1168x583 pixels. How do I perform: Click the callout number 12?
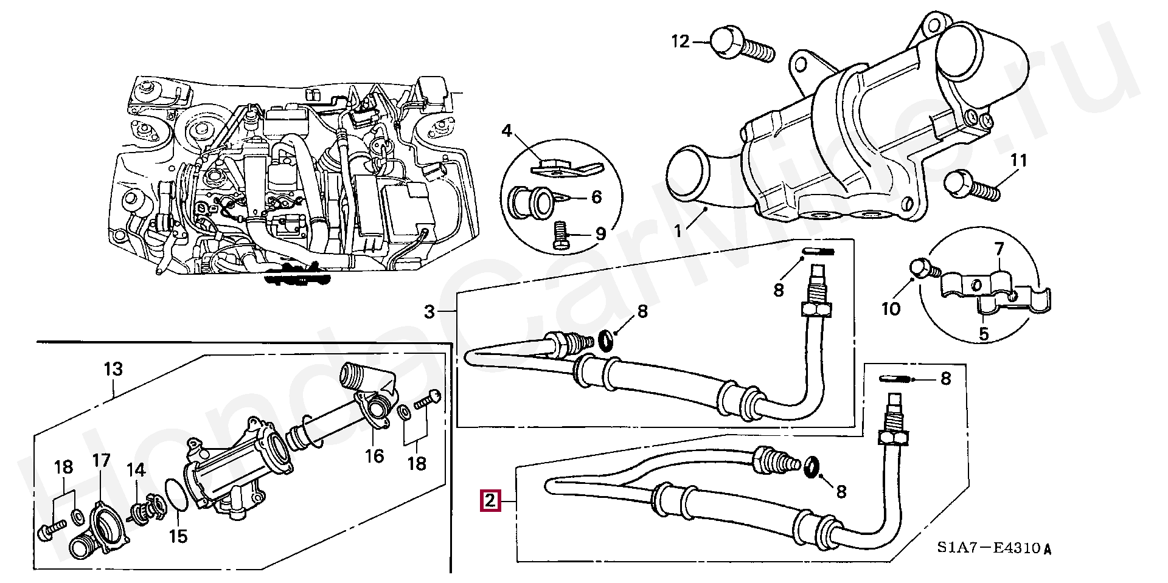(x=681, y=41)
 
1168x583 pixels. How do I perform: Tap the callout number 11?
(x=1019, y=161)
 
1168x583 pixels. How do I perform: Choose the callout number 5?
(x=983, y=333)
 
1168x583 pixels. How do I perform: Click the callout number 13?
(x=113, y=369)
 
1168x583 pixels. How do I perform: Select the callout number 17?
(x=101, y=460)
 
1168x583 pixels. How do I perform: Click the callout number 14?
(x=136, y=469)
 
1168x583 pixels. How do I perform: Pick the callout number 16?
(x=375, y=455)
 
